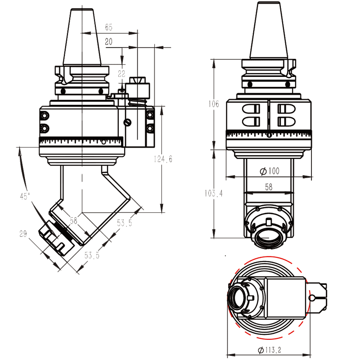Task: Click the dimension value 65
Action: point(109,27)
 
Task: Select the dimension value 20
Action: point(108,41)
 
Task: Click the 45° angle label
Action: point(25,196)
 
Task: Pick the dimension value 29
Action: point(23,234)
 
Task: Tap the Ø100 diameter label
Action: point(270,171)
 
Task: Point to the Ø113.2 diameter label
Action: point(270,351)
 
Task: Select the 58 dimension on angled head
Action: point(74,220)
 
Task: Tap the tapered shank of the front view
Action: point(268,34)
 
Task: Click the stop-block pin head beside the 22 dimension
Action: point(138,85)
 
